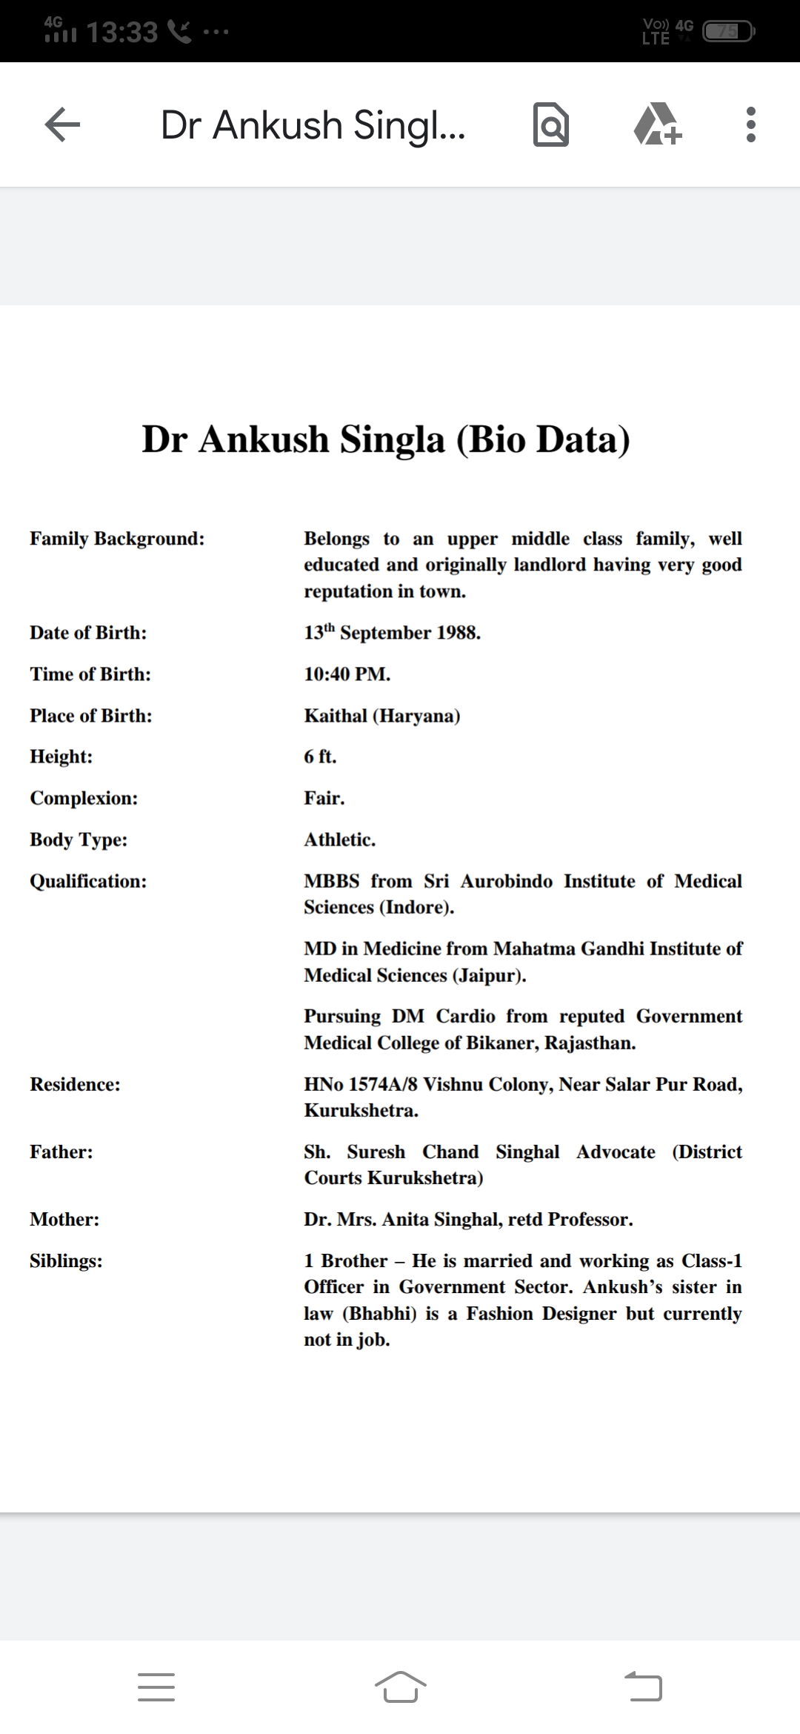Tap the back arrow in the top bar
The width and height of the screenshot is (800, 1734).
coord(62,124)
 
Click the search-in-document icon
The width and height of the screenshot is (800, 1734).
coord(551,124)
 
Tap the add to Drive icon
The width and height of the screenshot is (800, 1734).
coord(658,124)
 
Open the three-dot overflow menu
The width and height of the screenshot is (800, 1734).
coord(750,124)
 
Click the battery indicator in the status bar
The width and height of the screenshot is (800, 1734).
coord(729,32)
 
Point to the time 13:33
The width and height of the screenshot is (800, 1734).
coord(122,32)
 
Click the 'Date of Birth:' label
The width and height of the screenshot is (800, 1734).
coord(88,633)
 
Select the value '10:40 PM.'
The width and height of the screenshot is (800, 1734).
coord(347,674)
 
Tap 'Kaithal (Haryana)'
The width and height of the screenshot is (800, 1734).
coord(381,716)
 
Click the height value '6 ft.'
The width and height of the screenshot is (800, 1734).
coord(320,757)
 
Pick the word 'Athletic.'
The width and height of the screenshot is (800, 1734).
coord(339,840)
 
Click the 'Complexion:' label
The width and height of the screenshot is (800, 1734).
coord(84,798)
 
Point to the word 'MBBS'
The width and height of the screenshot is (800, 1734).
coord(331,881)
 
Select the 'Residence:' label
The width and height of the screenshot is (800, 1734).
coord(75,1084)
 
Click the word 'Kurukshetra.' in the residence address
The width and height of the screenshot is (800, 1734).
coord(361,1111)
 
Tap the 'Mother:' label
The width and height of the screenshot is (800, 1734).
coord(64,1220)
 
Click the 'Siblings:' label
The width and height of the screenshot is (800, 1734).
coord(66,1261)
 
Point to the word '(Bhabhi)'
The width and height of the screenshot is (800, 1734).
coord(379,1314)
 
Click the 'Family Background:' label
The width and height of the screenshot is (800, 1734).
coord(117,539)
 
